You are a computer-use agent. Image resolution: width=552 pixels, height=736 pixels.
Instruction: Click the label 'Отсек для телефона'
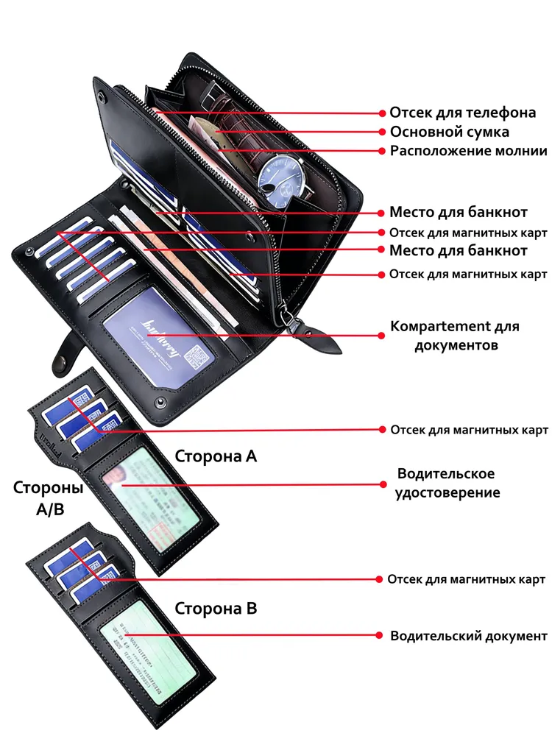tap(462, 113)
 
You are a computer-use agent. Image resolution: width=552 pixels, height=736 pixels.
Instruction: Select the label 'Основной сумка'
tap(449, 132)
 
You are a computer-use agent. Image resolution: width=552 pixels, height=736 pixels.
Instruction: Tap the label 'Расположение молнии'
tap(468, 151)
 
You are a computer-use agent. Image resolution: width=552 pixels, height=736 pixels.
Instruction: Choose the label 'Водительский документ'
tap(469, 635)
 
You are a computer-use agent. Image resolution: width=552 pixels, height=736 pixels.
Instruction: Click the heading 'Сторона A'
tap(216, 456)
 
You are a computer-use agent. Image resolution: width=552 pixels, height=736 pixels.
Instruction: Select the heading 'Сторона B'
tap(216, 609)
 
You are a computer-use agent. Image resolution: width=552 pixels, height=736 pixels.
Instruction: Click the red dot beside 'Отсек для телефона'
tap(383, 113)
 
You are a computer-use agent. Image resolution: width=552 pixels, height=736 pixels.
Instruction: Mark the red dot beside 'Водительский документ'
tap(381, 635)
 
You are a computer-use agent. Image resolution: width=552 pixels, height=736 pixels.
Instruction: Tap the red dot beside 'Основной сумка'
tap(383, 132)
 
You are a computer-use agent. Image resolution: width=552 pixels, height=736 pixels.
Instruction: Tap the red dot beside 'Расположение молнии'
tap(383, 151)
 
